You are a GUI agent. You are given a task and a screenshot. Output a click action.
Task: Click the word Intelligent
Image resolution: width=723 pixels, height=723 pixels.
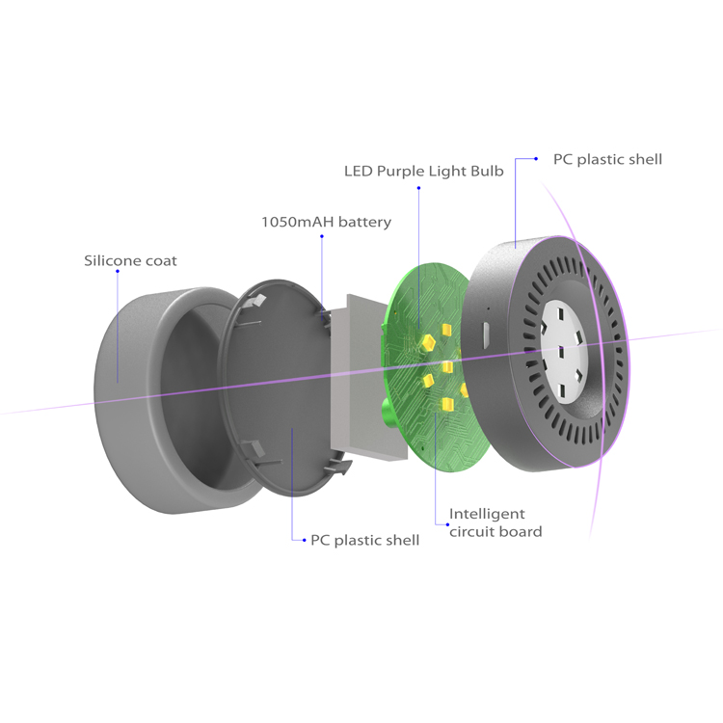pyautogui.click(x=487, y=514)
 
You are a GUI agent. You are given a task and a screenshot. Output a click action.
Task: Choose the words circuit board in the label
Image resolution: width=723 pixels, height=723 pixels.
pyautogui.click(x=495, y=531)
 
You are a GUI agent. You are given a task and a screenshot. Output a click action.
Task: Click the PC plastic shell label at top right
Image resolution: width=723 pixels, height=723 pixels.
pyautogui.click(x=607, y=159)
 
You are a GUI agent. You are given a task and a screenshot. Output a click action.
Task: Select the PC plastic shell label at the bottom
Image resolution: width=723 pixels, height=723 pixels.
pyautogui.click(x=364, y=540)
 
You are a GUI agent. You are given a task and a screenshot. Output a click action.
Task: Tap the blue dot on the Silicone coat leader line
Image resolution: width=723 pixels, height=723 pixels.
pyautogui.click(x=118, y=272)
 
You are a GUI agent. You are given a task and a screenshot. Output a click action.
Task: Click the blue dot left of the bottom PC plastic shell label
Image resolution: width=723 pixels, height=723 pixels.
pyautogui.click(x=293, y=540)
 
